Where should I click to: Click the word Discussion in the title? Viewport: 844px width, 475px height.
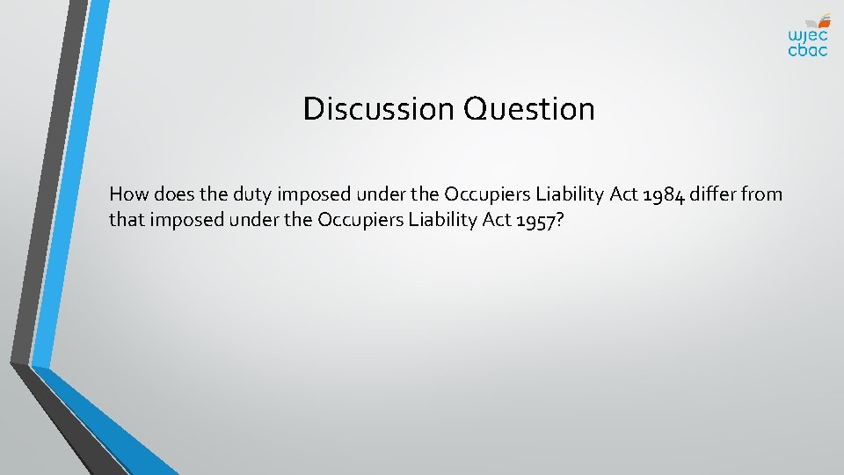(377, 109)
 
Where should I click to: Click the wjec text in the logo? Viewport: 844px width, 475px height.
(807, 35)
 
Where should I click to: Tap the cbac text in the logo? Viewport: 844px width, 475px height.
(807, 51)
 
